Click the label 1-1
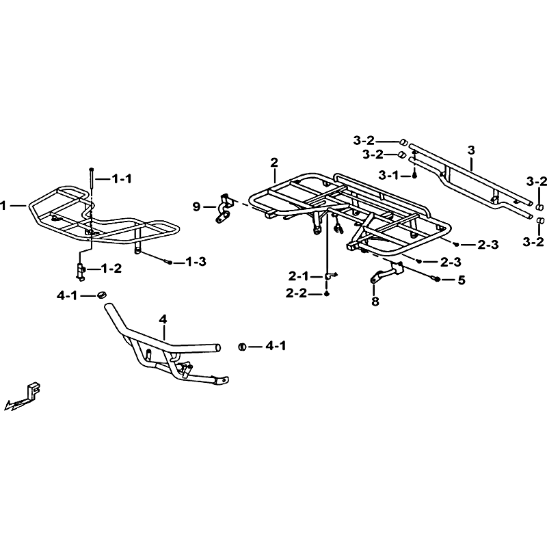point(122,179)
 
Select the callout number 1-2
point(111,269)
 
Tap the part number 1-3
point(196,262)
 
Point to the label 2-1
point(299,276)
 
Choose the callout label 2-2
point(296,293)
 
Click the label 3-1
point(388,175)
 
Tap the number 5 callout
point(462,280)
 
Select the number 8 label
point(375,301)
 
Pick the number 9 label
point(197,207)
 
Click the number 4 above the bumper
point(163,319)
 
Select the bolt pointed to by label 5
point(436,279)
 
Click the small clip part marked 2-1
point(330,276)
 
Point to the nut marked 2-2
point(327,294)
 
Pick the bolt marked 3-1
point(414,176)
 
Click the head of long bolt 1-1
point(92,169)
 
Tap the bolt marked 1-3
point(169,262)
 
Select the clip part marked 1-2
point(81,271)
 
